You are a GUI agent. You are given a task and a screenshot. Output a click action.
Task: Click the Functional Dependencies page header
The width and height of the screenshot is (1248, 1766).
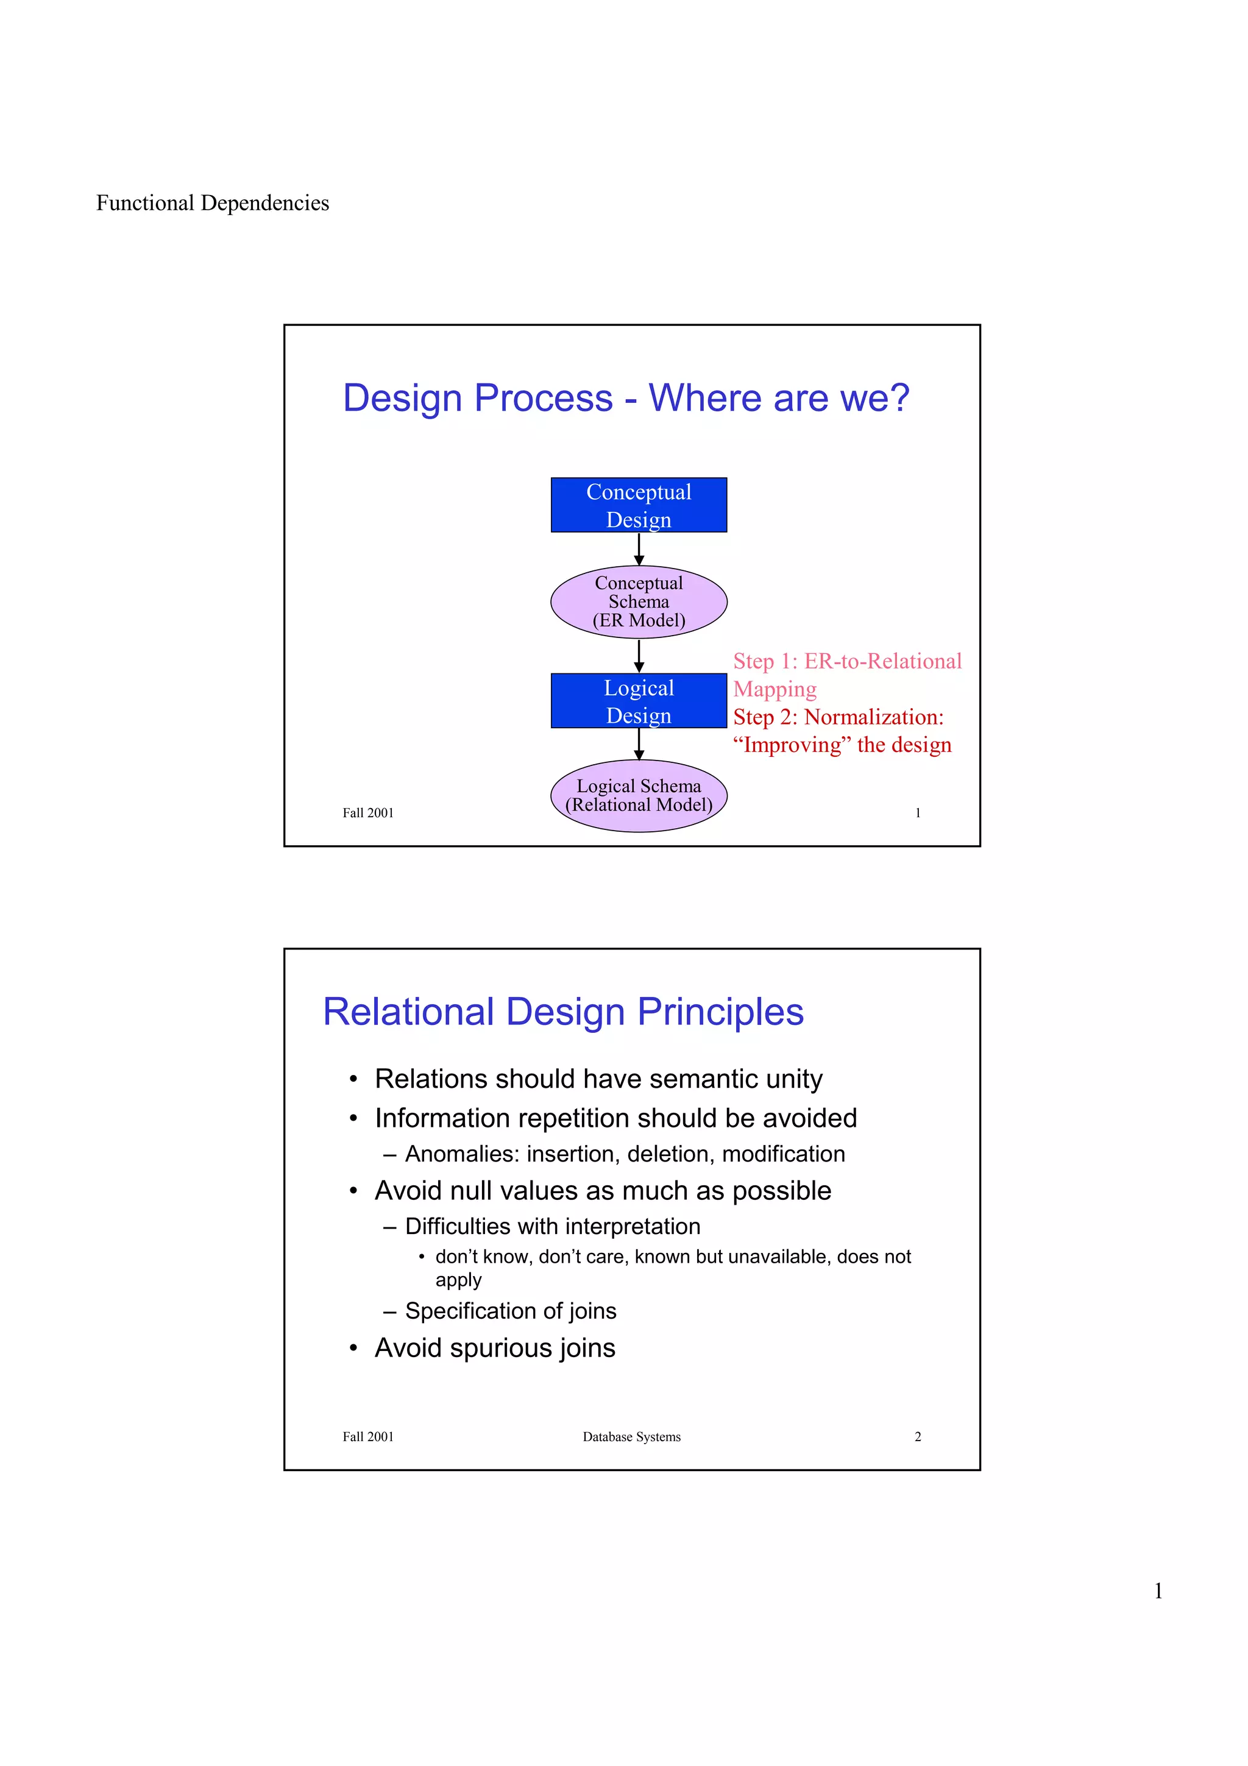212,203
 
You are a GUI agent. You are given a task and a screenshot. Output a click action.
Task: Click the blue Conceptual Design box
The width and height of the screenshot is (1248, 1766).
638,505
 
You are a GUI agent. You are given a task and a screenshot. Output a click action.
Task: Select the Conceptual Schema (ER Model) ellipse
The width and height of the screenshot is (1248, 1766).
638,601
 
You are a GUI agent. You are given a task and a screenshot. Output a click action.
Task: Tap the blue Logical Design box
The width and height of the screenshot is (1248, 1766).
638,701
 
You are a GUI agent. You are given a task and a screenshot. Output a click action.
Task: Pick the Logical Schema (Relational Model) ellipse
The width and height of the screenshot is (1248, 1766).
638,795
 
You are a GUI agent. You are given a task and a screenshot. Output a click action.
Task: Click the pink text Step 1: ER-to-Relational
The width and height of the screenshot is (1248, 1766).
846,661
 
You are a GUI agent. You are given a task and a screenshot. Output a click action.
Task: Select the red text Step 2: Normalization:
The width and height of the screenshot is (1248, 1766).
837,717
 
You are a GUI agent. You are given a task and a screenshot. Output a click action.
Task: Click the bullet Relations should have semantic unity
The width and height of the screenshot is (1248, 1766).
598,1079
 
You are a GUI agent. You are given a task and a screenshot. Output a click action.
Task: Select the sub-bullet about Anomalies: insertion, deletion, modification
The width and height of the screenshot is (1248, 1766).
625,1154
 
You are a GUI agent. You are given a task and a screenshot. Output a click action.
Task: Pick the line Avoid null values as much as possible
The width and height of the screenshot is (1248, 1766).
602,1191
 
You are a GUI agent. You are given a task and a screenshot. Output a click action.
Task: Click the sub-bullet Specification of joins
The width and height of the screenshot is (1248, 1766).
511,1311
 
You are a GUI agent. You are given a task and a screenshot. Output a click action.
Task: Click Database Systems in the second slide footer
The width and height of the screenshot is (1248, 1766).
631,1437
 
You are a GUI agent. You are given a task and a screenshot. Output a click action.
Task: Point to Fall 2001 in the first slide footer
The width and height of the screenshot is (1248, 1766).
367,813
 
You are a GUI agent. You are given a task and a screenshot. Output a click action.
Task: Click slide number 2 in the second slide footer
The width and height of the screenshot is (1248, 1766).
917,1437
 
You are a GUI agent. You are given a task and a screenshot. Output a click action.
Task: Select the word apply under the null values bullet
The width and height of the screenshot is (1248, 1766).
458,1281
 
